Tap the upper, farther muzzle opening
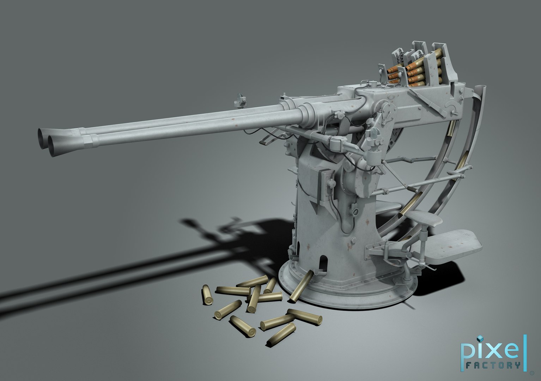pyautogui.click(x=44, y=135)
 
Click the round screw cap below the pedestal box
pyautogui.click(x=354, y=212)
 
